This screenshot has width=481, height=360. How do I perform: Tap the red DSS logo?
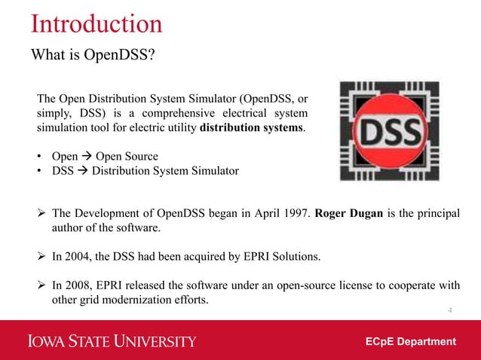pyautogui.click(x=392, y=136)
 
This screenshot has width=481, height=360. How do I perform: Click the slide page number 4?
pyautogui.click(x=450, y=310)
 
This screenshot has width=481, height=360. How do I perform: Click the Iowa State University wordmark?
pyautogui.click(x=112, y=342)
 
